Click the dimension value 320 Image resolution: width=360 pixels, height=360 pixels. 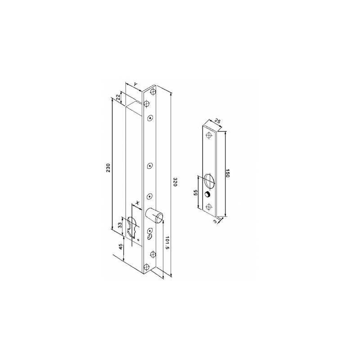pyautogui.click(x=175, y=182)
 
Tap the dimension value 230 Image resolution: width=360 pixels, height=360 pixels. pyautogui.click(x=108, y=168)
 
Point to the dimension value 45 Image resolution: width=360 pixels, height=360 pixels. pyautogui.click(x=120, y=247)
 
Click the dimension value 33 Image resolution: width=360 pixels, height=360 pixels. pyautogui.click(x=120, y=225)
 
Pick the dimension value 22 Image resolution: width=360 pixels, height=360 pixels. pyautogui.click(x=118, y=97)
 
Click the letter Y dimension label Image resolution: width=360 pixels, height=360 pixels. pyautogui.click(x=136, y=85)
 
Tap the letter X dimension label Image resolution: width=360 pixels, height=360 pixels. pyautogui.click(x=137, y=203)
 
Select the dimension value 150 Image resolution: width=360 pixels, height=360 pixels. pyautogui.click(x=227, y=173)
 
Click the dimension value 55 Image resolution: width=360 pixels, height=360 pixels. pyautogui.click(x=196, y=193)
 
